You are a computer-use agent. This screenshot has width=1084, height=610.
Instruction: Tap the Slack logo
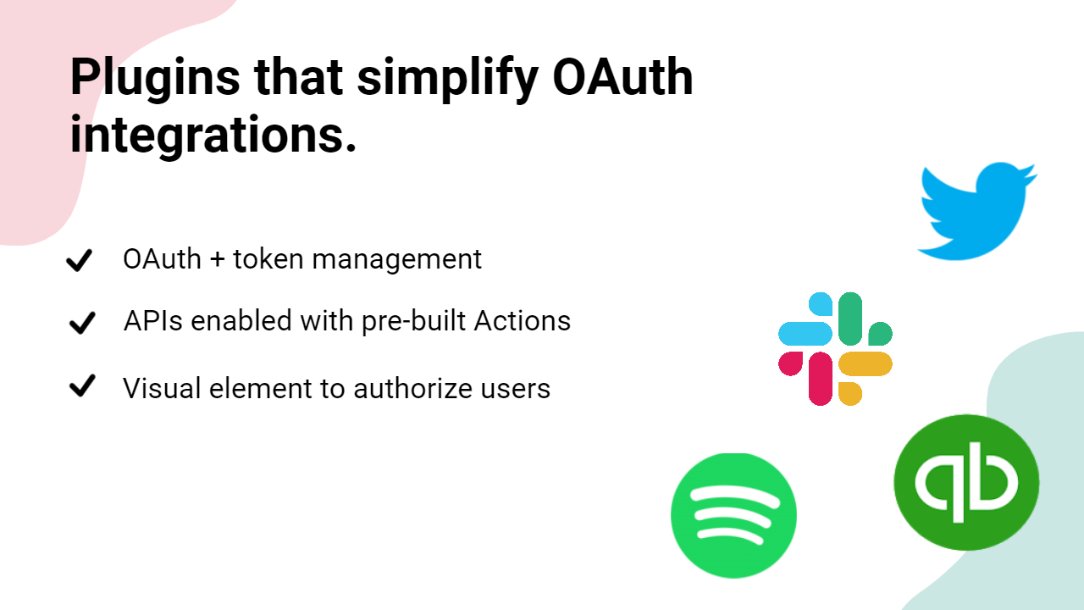click(835, 348)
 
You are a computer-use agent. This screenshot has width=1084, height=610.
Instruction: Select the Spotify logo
click(733, 516)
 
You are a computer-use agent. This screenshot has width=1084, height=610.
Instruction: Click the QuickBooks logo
click(966, 483)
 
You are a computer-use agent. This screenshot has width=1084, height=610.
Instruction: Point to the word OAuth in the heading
click(622, 77)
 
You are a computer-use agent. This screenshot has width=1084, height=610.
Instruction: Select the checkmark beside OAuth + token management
click(80, 260)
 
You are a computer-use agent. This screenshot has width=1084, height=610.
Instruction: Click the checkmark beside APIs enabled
click(82, 323)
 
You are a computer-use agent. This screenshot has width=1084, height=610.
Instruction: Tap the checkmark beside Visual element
click(82, 385)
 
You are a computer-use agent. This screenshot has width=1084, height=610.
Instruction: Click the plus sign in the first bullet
click(218, 259)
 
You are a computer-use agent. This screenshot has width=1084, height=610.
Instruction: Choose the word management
click(397, 260)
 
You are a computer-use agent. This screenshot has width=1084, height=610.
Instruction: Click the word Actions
click(523, 320)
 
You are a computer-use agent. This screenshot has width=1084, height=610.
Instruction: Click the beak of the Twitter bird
click(1031, 175)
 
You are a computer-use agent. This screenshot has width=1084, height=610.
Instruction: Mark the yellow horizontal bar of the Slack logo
click(866, 364)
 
